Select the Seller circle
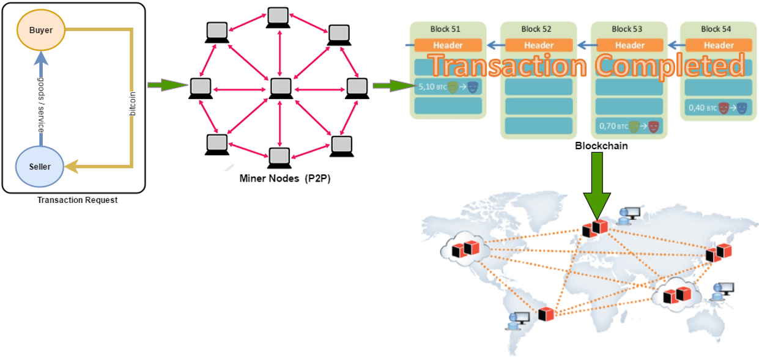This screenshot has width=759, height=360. [40, 166]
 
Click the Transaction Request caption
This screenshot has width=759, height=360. [77, 200]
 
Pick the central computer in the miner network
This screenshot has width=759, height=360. [280, 89]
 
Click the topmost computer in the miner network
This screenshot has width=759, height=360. [279, 18]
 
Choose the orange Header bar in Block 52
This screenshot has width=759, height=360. [538, 45]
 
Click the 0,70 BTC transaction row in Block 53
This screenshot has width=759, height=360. [629, 127]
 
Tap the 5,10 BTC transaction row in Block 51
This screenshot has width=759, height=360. [447, 87]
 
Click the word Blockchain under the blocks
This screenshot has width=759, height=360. [601, 147]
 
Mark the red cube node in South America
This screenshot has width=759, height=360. [546, 314]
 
